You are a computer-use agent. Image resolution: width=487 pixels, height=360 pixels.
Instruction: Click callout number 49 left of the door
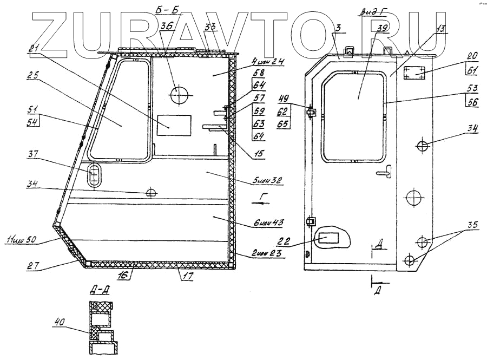click(283, 98)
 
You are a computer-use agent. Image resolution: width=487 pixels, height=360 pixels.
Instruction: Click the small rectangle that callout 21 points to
click(174, 125)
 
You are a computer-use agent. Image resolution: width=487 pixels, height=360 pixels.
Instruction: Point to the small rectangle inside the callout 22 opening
click(329, 237)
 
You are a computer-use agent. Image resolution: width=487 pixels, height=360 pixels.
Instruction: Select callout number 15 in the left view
click(259, 154)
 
